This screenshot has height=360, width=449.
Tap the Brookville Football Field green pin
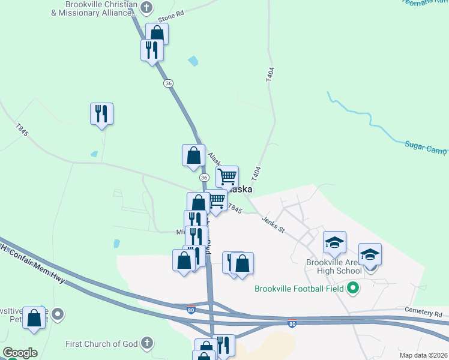[x=354, y=289]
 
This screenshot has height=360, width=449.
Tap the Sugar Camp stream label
[x=426, y=146]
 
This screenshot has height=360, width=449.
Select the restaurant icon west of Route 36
[x=101, y=113]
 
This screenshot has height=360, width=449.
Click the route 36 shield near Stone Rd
[x=168, y=83]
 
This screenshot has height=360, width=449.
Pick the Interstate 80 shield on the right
[x=292, y=323]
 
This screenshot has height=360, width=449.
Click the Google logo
[x=20, y=353]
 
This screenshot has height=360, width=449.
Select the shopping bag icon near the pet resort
[x=34, y=317]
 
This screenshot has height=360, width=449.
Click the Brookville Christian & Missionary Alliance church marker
[x=147, y=8]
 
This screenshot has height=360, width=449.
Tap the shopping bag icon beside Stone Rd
[x=157, y=33]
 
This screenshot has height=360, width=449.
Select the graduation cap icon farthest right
[x=370, y=253]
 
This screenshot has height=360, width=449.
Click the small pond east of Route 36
[x=193, y=61]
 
